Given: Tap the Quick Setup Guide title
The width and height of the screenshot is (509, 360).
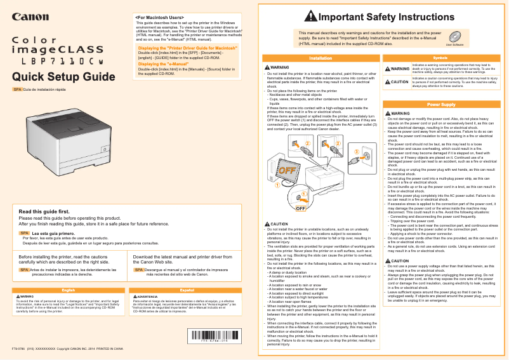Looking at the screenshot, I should coord(59,77).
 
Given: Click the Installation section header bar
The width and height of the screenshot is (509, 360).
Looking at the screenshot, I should coord(321,58).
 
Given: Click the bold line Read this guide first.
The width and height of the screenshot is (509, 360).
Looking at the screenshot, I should coord(44,211).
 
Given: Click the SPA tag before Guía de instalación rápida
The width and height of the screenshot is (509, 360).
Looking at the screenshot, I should coord(17,90).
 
